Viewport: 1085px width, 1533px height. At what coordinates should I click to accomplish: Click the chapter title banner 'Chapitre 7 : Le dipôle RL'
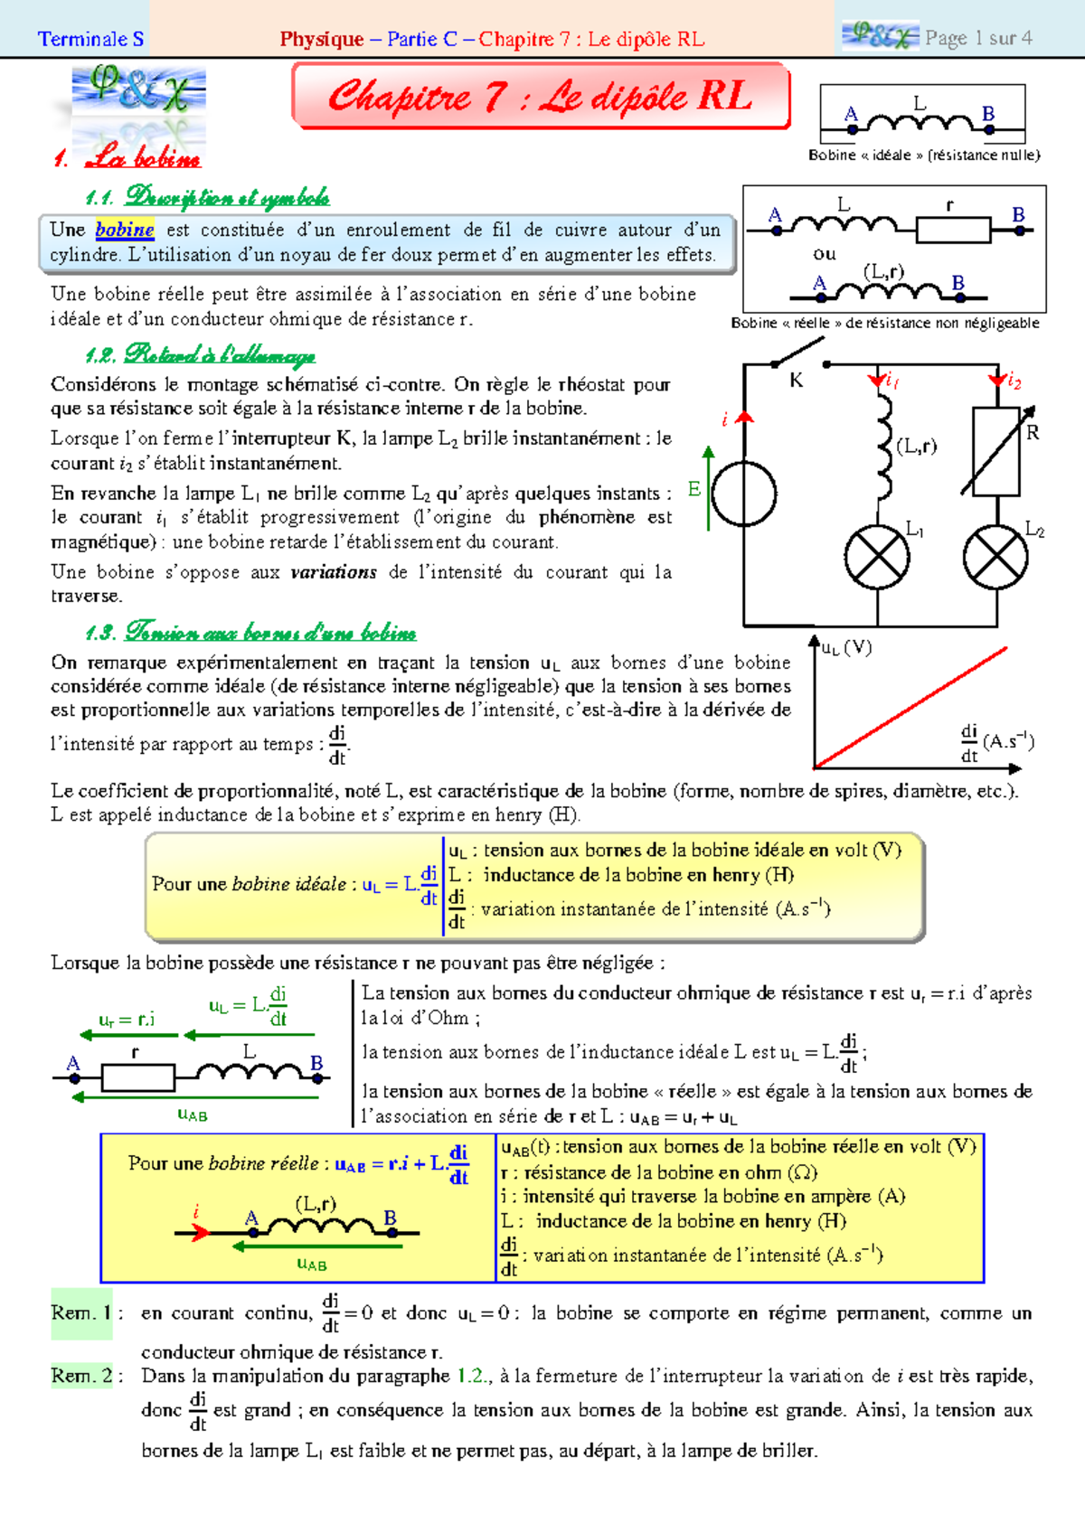click(541, 96)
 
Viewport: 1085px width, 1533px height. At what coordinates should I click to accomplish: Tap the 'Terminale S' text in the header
click(90, 39)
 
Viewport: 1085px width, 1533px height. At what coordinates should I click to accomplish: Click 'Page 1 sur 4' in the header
click(977, 38)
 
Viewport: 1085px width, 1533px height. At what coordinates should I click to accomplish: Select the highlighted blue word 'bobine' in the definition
click(125, 230)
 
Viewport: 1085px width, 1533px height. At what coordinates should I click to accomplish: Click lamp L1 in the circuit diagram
click(876, 557)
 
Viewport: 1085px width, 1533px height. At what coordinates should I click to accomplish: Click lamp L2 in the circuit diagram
click(995, 557)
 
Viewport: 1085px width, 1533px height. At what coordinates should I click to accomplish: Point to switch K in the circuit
click(799, 354)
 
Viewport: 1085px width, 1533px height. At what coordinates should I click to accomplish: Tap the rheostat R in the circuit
click(996, 451)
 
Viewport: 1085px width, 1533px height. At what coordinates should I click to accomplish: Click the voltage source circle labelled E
click(744, 494)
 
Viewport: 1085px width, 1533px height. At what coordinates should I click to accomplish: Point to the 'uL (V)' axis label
click(846, 648)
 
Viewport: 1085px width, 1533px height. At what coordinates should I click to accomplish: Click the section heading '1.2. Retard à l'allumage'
click(200, 354)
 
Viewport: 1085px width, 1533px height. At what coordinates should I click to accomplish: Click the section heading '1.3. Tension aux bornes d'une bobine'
click(250, 631)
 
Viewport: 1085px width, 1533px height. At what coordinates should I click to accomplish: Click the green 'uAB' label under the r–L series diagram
click(193, 1115)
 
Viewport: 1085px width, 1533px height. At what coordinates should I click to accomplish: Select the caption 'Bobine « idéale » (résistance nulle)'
click(924, 155)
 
